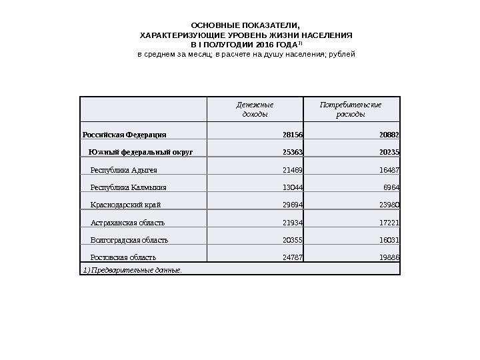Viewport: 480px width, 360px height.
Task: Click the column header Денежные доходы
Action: click(255, 109)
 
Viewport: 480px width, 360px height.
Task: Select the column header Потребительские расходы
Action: click(351, 109)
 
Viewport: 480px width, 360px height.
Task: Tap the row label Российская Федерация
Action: click(125, 135)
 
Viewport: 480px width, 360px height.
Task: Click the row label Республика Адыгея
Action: click(123, 170)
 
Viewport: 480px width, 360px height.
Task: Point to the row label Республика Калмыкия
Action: click(128, 187)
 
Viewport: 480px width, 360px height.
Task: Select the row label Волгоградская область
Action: click(129, 239)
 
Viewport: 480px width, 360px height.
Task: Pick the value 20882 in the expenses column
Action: click(397, 135)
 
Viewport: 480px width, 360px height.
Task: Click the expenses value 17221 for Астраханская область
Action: click(398, 222)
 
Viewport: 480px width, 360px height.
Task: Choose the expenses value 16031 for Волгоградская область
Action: click(398, 239)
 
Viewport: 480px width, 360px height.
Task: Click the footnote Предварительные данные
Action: click(133, 269)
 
